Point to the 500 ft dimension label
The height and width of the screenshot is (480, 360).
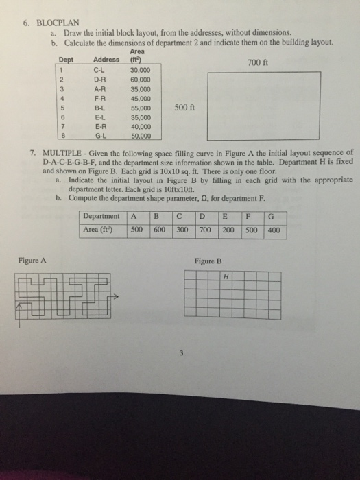click(x=184, y=108)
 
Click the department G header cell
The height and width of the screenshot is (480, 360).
click(x=272, y=219)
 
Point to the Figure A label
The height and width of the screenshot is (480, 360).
click(x=32, y=261)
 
